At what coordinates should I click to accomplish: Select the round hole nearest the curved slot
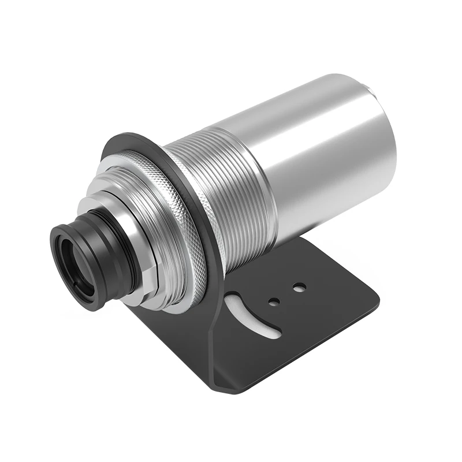275,301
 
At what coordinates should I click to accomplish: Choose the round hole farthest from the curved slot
299,286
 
